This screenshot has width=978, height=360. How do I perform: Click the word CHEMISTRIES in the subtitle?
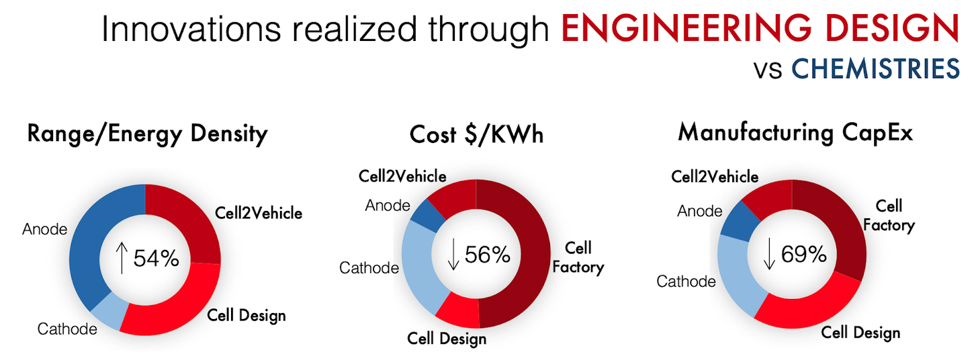tap(875, 69)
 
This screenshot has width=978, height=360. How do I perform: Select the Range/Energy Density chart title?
tap(147, 134)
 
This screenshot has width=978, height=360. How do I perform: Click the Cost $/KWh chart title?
tap(476, 134)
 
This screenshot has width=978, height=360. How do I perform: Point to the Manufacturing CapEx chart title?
tap(795, 132)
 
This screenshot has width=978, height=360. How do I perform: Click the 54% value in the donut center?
tap(156, 258)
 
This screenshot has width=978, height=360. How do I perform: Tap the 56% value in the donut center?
tap(487, 255)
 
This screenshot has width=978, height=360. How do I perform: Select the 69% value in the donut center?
tap(803, 254)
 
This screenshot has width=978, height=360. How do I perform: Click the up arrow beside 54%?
tap(122, 258)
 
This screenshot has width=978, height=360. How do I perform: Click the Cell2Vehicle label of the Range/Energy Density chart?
tap(259, 213)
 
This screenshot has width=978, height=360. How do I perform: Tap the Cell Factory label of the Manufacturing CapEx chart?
tap(889, 216)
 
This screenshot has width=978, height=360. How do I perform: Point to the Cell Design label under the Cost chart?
tap(447, 339)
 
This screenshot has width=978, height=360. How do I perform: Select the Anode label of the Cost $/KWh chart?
tap(388, 206)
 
